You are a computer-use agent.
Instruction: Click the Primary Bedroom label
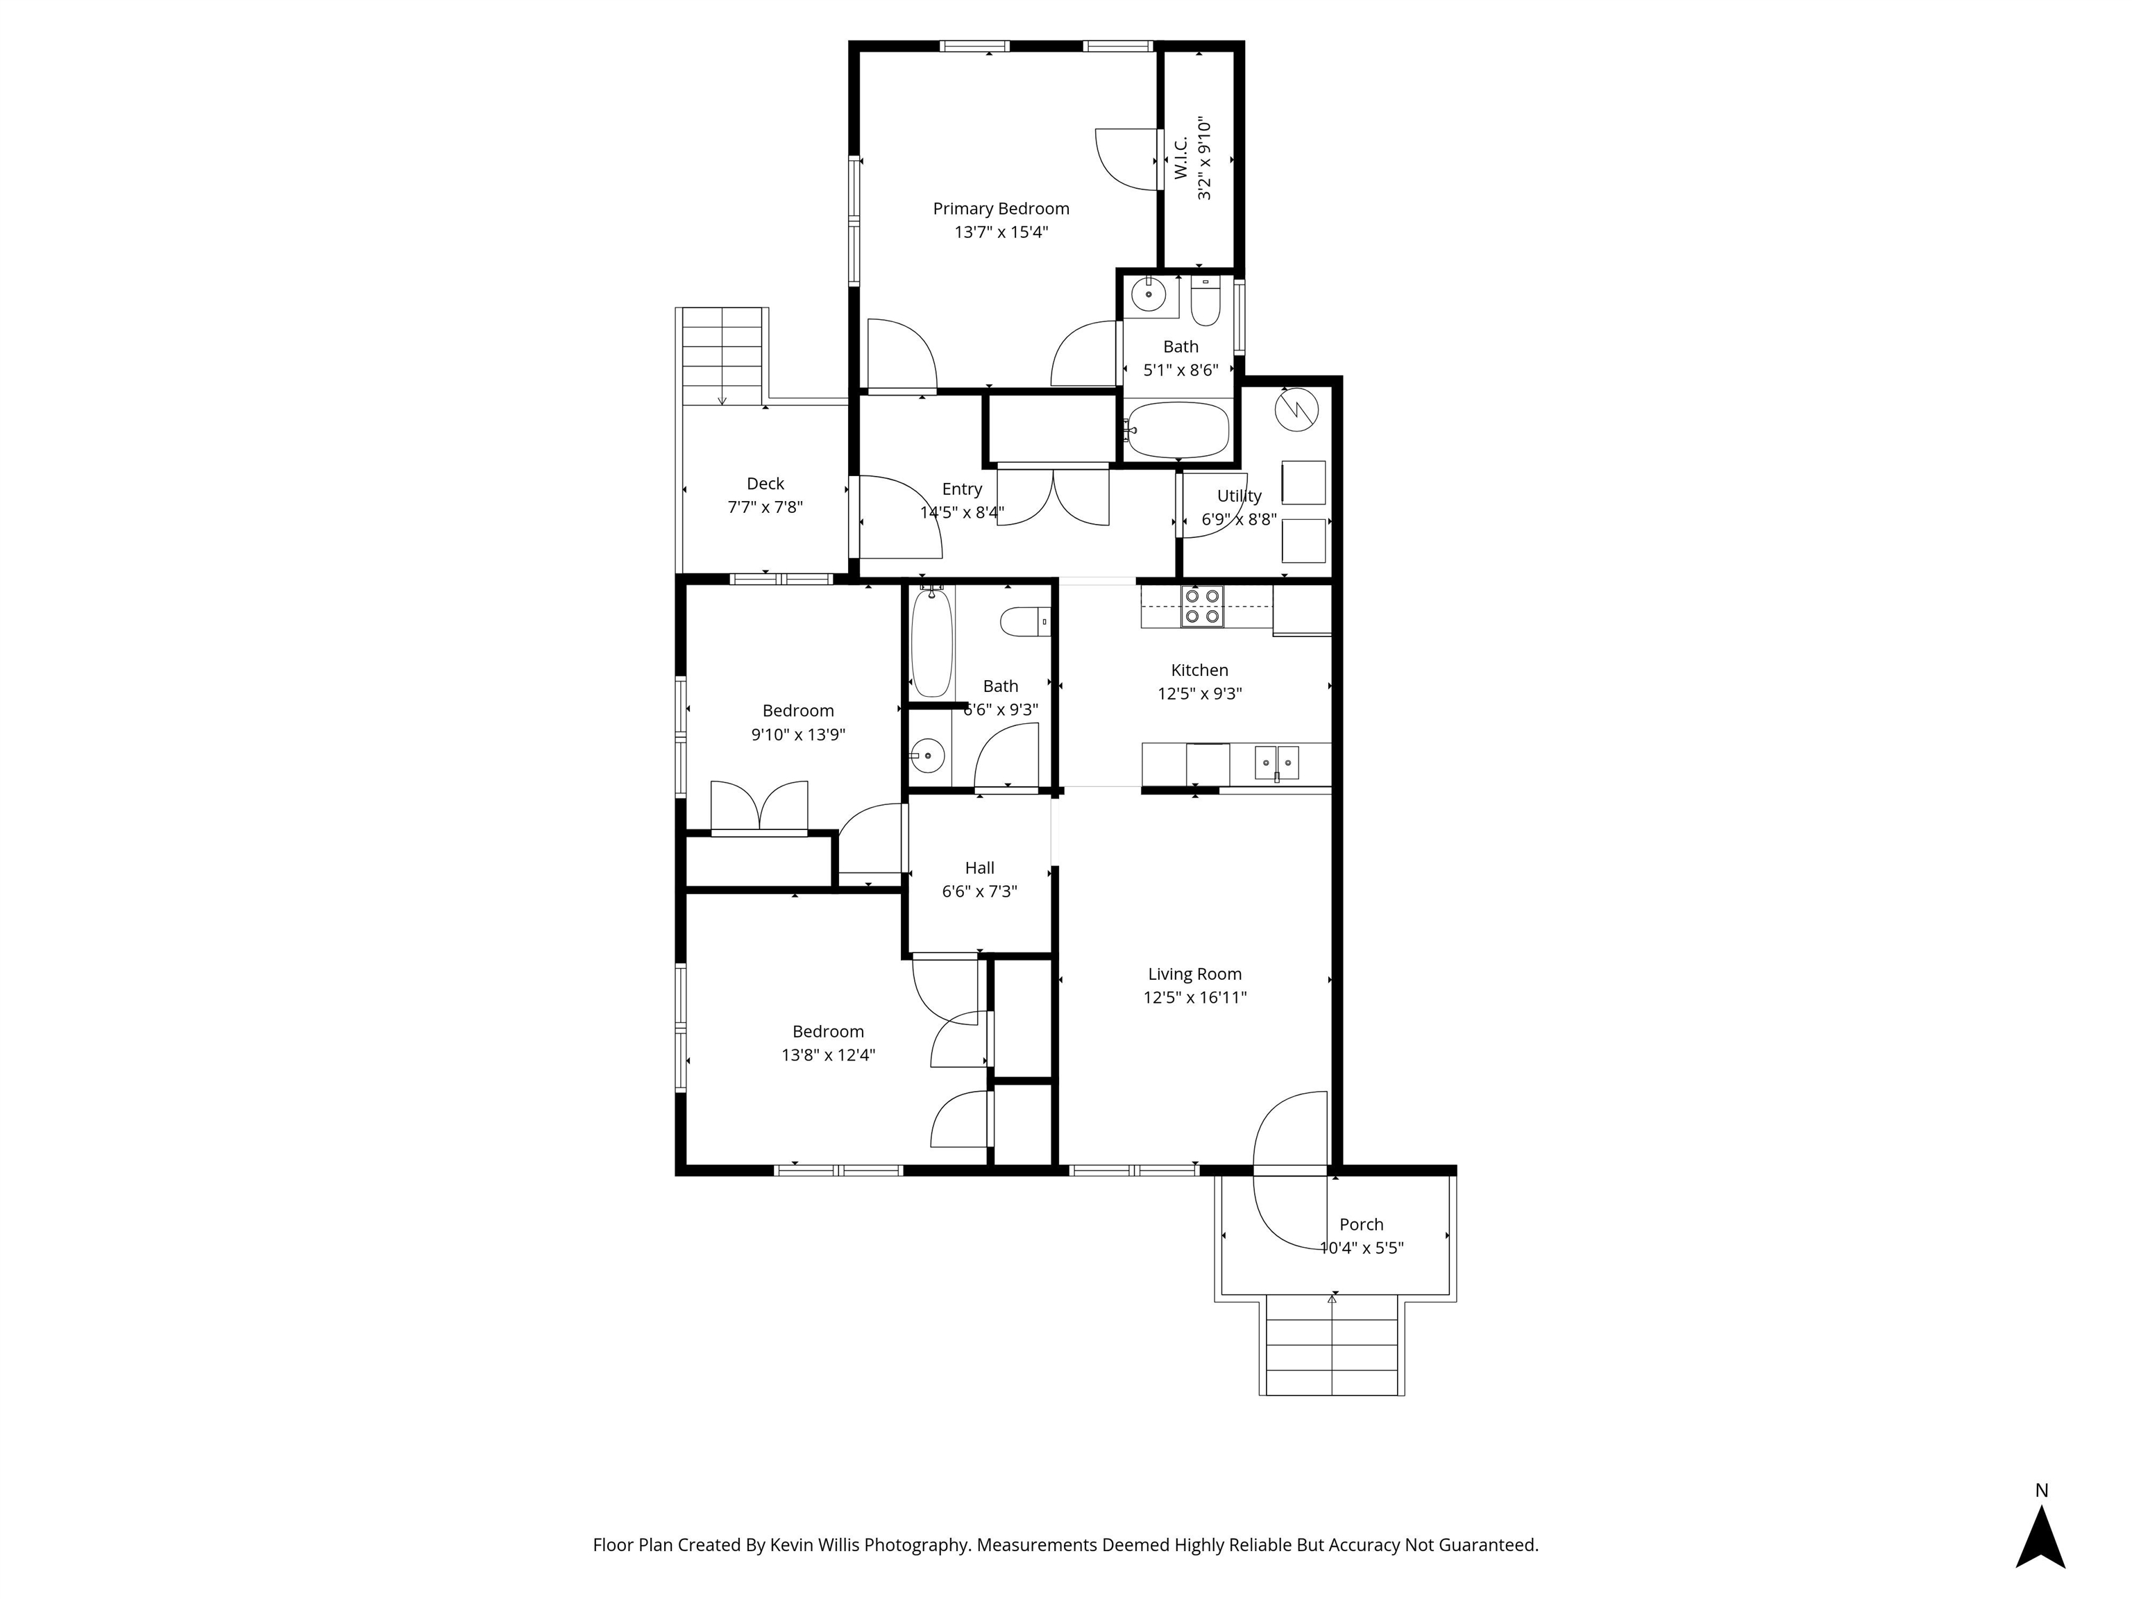click(1001, 209)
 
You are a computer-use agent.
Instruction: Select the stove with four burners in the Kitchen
click(1203, 607)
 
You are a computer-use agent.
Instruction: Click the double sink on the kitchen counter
click(1276, 763)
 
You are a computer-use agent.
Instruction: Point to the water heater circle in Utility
click(1296, 409)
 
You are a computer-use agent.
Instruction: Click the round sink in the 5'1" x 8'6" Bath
click(1149, 293)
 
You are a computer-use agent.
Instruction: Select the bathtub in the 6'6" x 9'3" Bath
click(931, 643)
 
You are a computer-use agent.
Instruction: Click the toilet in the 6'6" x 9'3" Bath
click(1024, 622)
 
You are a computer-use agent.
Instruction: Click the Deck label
click(765, 484)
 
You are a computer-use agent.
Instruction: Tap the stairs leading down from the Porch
click(1331, 1346)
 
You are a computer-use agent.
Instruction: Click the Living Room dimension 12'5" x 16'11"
click(1194, 997)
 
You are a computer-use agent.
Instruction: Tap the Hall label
click(979, 868)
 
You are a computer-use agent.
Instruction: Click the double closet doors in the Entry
click(1053, 496)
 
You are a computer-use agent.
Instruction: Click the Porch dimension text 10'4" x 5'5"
click(1361, 1248)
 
